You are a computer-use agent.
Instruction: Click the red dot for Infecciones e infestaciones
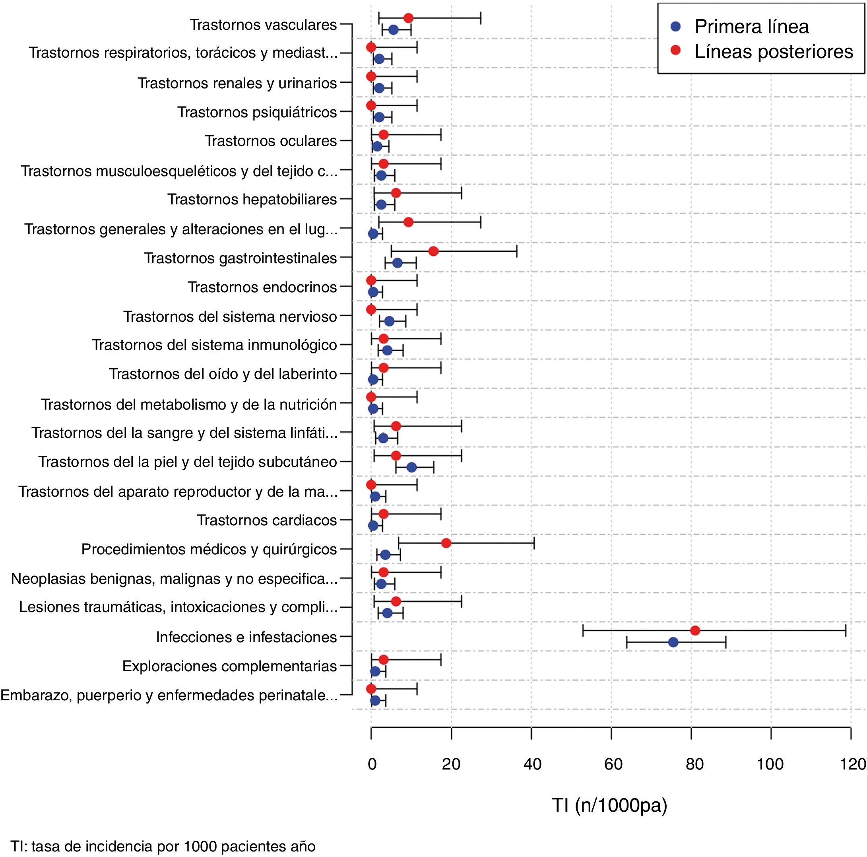pos(695,630)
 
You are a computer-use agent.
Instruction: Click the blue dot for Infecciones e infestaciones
pos(673,642)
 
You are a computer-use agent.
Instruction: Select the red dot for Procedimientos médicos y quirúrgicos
pos(446,543)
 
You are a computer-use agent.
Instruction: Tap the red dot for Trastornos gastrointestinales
pos(433,251)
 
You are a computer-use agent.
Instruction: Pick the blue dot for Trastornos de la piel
pos(411,467)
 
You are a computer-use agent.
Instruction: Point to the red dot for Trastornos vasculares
pos(408,18)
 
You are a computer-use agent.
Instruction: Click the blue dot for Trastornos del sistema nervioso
pos(390,321)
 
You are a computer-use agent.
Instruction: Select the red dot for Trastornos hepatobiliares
pos(396,193)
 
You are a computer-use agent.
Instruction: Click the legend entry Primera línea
pos(751,27)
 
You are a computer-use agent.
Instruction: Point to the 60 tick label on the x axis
pos(613,764)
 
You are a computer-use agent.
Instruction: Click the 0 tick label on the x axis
pos(372,764)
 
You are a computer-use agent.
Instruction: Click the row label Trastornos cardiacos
pos(267,520)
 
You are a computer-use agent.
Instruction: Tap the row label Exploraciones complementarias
pos(229,666)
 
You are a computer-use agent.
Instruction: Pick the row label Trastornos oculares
pos(271,141)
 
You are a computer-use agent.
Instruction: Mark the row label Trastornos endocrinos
pos(262,287)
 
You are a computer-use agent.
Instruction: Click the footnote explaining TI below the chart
pos(163,847)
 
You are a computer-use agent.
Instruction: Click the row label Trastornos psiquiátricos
pos(257,112)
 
